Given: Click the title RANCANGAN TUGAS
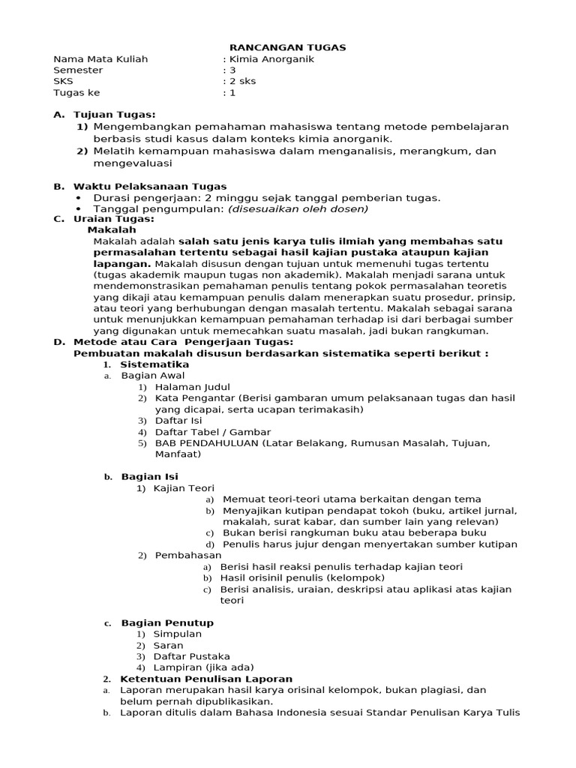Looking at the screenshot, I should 287,47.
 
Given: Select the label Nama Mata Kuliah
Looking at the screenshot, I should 100,59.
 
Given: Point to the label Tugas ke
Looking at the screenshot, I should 76,93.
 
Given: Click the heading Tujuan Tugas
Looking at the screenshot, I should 114,115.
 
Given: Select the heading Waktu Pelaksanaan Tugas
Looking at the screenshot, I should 149,186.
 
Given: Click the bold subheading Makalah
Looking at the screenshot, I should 112,230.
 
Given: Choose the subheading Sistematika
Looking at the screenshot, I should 154,364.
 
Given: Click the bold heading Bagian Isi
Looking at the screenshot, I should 150,476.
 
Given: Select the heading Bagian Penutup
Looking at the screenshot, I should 166,622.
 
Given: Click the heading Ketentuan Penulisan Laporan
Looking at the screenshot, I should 206,679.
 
